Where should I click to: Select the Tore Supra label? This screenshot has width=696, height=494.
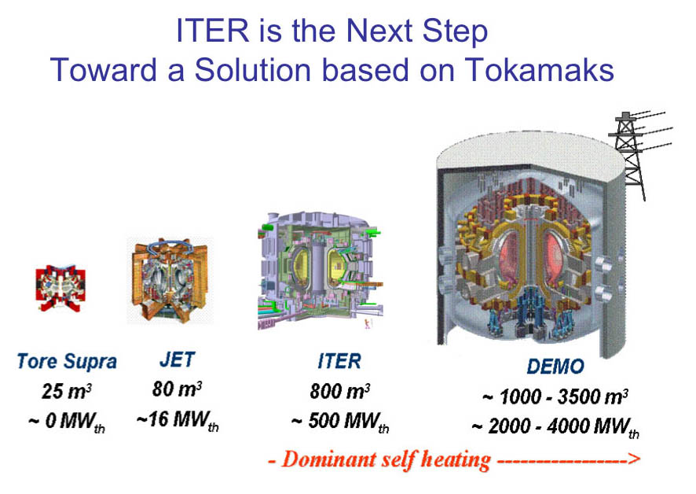coord(67,361)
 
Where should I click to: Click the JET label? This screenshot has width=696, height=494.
coord(177,359)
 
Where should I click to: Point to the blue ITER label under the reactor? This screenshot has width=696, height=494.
coord(339,360)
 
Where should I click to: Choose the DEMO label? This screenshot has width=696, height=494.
coord(555,366)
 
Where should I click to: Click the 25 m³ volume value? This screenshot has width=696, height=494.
coord(67,391)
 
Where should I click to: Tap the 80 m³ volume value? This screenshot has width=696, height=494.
coord(177,389)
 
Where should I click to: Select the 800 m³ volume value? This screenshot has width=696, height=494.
coord(340,391)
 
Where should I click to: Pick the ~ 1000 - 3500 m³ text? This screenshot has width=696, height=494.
coord(555,396)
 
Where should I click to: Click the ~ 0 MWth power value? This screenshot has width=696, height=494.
coord(67,422)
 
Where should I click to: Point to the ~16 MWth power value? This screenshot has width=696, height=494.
coord(178,420)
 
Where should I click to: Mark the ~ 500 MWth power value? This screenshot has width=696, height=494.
coord(340,422)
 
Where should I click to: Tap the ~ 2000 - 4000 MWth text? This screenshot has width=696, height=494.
coord(555,427)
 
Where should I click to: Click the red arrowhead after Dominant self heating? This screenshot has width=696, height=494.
coord(634,459)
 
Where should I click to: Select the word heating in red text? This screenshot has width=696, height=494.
coord(456,460)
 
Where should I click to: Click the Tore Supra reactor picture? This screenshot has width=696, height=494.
coord(60,288)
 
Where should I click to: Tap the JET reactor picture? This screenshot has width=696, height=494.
coord(170,280)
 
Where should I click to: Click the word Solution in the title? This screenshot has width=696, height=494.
coord(252,70)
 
